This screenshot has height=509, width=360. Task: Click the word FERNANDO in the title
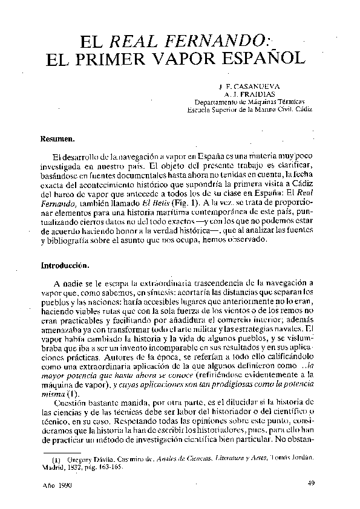[x=217, y=42]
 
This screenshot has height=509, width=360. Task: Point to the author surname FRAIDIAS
[x=257, y=95]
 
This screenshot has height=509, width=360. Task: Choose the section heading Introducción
[x=65, y=265]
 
